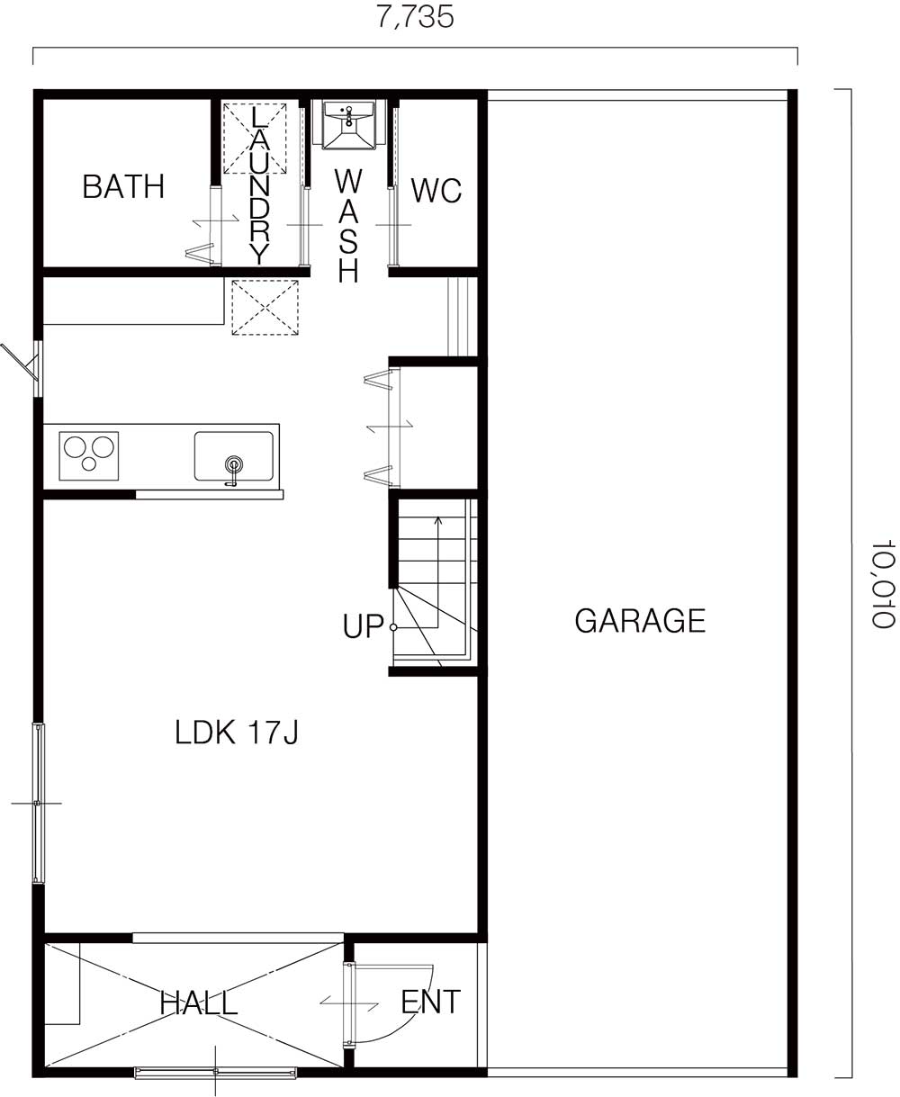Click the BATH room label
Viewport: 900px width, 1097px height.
tap(123, 186)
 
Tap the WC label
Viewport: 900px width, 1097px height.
tap(436, 191)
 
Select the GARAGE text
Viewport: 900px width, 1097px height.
tap(640, 620)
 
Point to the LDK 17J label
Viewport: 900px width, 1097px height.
tap(237, 733)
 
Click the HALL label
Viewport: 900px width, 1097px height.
tap(199, 1003)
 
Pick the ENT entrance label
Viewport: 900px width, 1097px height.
tap(431, 1002)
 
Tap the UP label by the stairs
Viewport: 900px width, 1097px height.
tap(363, 625)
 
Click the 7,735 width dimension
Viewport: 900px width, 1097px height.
tap(415, 16)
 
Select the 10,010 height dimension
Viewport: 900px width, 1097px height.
tap(882, 583)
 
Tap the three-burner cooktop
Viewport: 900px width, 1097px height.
tap(89, 455)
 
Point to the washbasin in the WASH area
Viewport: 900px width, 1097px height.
tap(348, 125)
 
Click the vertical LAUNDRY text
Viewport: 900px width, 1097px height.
tap(259, 185)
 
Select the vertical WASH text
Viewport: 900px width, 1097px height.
tap(348, 225)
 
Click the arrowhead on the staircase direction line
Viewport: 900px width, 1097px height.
tap(438, 519)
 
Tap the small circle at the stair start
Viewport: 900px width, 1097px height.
tap(393, 627)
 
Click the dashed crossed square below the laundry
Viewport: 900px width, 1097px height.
tap(265, 308)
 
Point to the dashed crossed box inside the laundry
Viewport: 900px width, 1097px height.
tap(255, 139)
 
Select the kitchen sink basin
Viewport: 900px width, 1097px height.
tap(234, 456)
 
